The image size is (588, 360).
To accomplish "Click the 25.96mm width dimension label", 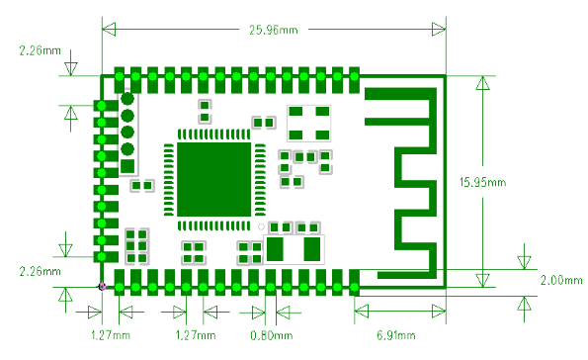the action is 274,30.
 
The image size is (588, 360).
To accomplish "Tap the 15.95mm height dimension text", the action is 482,182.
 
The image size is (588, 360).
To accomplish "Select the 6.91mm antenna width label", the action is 396,335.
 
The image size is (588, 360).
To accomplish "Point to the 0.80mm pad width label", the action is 272,335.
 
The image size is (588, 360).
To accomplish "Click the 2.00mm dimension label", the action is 561,280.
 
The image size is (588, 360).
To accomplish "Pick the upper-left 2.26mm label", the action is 41,50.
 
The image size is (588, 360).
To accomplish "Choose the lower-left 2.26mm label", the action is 41,271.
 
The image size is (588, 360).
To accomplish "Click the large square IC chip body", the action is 214,179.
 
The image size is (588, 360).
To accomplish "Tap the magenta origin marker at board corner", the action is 102,287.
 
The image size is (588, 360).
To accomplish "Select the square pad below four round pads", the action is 127,166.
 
